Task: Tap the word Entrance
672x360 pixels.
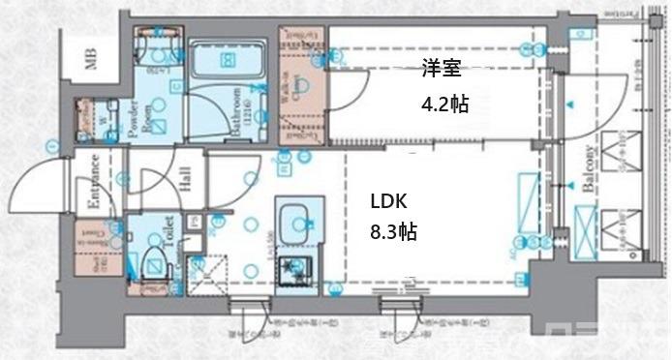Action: point(96,183)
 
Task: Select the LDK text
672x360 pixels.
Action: point(387,202)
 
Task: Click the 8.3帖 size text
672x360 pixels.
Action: point(392,232)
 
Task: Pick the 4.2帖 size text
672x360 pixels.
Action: point(444,104)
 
